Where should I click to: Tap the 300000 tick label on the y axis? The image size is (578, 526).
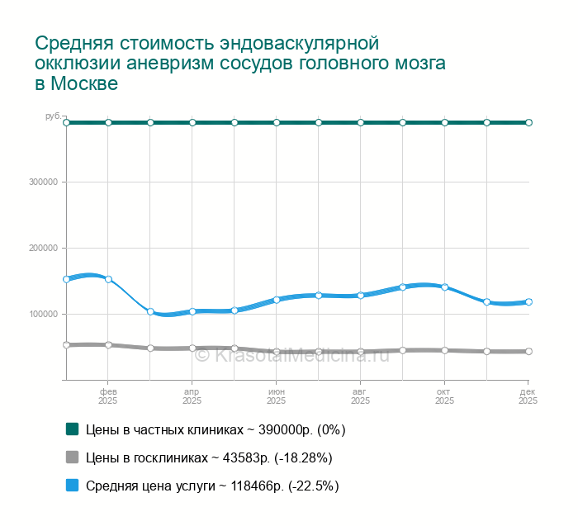point(46,182)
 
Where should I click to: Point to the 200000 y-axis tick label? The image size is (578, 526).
point(46,249)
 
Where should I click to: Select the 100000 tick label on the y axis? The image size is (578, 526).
point(46,315)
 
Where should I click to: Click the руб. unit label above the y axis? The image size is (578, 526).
point(53,116)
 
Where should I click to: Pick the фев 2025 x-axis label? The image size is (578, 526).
point(108,396)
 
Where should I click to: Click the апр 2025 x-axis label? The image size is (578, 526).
point(192,396)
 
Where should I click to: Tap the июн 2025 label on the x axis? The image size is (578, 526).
point(277,396)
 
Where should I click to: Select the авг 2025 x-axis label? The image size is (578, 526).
point(360,396)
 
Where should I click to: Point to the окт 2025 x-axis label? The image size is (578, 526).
point(444,396)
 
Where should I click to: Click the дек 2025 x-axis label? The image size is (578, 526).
point(528,396)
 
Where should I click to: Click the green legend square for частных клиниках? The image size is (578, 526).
point(72,429)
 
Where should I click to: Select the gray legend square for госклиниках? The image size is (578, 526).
point(72,457)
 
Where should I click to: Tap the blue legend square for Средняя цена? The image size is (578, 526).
point(72,486)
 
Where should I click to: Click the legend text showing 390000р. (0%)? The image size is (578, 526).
point(216,429)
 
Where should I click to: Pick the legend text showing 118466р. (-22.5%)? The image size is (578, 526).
point(212,486)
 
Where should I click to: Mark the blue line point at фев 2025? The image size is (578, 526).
point(108,279)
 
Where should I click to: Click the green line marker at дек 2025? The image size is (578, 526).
point(528,122)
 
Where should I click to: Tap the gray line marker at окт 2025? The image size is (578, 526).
point(444,350)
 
